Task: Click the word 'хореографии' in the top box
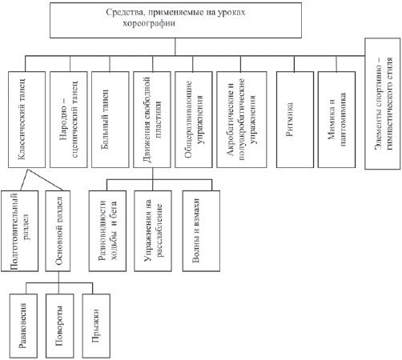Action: (149, 23)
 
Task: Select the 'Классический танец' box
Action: (26, 119)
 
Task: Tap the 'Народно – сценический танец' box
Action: (69, 119)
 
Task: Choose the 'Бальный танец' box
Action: (111, 119)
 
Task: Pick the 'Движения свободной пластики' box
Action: (152, 119)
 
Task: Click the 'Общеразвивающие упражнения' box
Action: (194, 119)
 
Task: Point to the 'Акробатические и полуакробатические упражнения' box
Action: (242, 119)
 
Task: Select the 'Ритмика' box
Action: (295, 119)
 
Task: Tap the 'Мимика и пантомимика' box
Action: (336, 119)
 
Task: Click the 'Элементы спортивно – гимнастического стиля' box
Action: (383, 104)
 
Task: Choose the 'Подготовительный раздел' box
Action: (19, 231)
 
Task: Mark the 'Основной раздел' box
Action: (58, 231)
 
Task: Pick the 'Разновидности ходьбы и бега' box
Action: (107, 231)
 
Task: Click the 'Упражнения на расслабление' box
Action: (153, 231)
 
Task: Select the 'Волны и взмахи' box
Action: (201, 231)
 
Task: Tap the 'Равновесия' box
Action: (23, 326)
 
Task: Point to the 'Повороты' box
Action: (60, 326)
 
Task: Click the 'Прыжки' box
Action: (96, 326)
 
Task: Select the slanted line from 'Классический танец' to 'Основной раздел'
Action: (45, 179)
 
